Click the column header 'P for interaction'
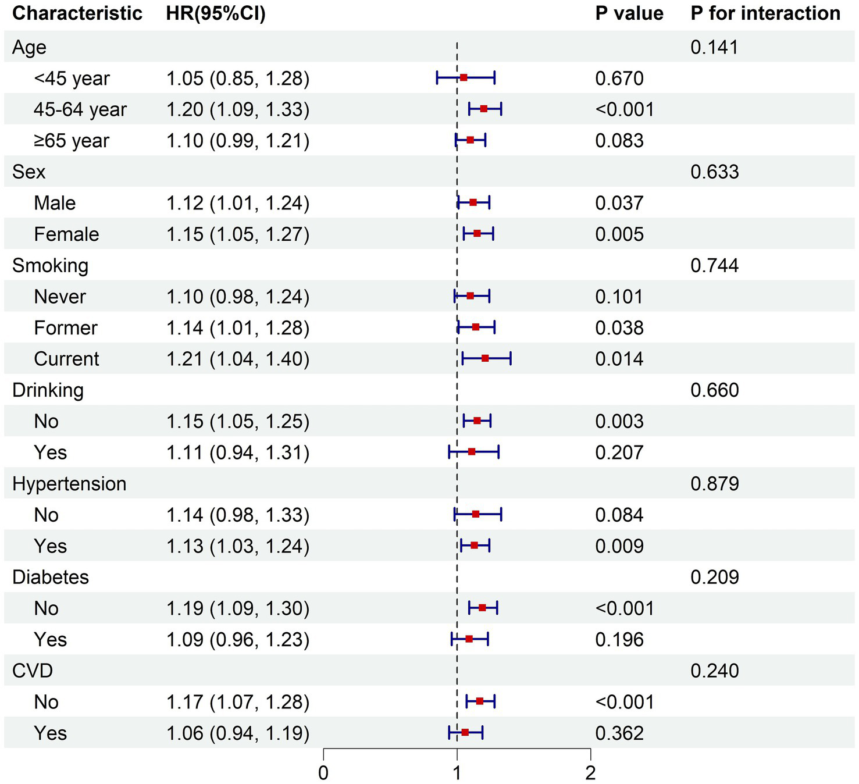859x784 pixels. coord(765,13)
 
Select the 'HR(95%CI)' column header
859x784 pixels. coord(216,13)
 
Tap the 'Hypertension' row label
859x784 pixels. coord(69,484)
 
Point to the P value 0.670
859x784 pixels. coord(619,79)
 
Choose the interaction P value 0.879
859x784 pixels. coord(715,484)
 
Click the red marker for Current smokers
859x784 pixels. coord(485,359)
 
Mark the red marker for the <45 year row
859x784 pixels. coord(464,77)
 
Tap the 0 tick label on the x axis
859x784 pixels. coord(323,773)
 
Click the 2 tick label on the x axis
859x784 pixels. coord(590,773)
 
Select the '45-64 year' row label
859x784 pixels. coord(80,110)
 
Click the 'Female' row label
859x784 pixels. coord(66,234)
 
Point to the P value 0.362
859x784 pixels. coord(619,733)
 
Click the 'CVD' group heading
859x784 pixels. coord(33,671)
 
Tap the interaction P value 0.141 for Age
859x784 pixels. coord(715,48)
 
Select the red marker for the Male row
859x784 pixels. coord(473,202)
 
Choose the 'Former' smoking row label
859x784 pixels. coord(66,328)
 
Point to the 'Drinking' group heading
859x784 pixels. coord(48,390)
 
